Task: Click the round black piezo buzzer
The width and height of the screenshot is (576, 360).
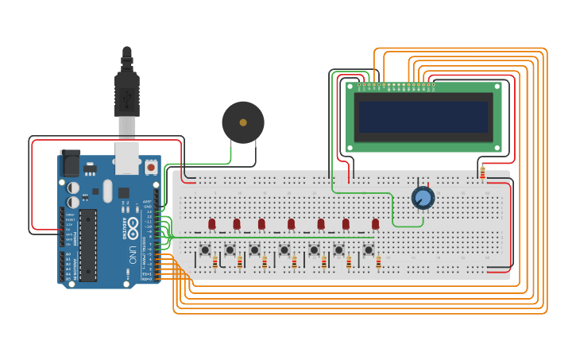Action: pos(242,122)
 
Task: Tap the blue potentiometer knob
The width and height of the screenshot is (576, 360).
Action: pos(423,197)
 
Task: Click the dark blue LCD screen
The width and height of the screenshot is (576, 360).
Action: pos(423,117)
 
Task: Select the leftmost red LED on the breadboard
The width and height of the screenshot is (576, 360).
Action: pos(211,224)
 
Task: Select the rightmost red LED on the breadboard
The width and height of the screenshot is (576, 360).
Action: pos(376,224)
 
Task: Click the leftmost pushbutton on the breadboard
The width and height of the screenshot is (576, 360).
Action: pos(205,250)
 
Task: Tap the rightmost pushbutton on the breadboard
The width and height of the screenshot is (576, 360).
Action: pos(369,250)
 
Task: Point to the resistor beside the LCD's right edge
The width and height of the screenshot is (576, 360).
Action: pos(482,174)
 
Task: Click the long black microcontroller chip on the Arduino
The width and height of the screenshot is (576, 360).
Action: pos(87,245)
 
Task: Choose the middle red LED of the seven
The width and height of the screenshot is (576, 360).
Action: pos(291,224)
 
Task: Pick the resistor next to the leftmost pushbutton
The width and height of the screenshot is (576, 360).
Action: pos(215,262)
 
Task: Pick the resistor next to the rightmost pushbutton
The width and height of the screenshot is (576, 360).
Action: pos(378,262)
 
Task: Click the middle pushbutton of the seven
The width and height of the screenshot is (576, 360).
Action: pos(284,250)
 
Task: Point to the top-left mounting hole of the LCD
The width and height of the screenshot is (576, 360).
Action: pos(350,87)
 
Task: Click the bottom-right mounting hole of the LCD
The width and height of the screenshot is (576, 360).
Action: pos(497,147)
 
